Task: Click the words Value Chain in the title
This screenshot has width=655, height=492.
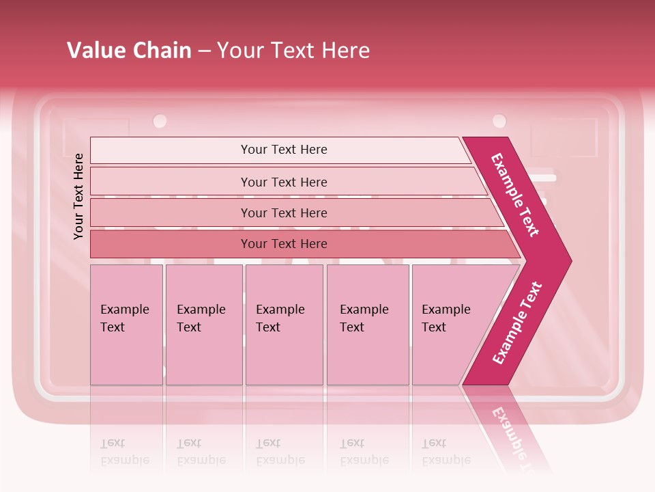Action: pyautogui.click(x=129, y=50)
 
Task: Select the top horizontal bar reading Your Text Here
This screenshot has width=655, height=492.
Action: pyautogui.click(x=283, y=150)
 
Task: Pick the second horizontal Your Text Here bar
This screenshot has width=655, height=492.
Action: pyautogui.click(x=283, y=182)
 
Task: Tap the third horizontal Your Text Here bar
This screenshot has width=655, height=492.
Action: pyautogui.click(x=283, y=213)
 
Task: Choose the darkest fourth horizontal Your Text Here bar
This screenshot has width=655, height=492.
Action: pyautogui.click(x=283, y=244)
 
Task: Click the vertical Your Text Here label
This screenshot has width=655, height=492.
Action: pyautogui.click(x=78, y=196)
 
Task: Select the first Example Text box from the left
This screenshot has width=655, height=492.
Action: pyautogui.click(x=126, y=325)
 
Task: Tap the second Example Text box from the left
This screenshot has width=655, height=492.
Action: pyautogui.click(x=203, y=325)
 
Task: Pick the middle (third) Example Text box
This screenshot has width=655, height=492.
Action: pyautogui.click(x=284, y=325)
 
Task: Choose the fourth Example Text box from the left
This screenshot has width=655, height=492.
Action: pyautogui.click(x=367, y=325)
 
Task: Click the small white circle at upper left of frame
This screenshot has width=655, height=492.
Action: pyautogui.click(x=160, y=121)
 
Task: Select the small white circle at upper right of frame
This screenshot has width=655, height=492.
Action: pyautogui.click(x=499, y=121)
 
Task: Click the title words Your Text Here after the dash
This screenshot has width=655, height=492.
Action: pyautogui.click(x=293, y=50)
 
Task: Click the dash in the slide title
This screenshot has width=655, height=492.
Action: pyautogui.click(x=204, y=51)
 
